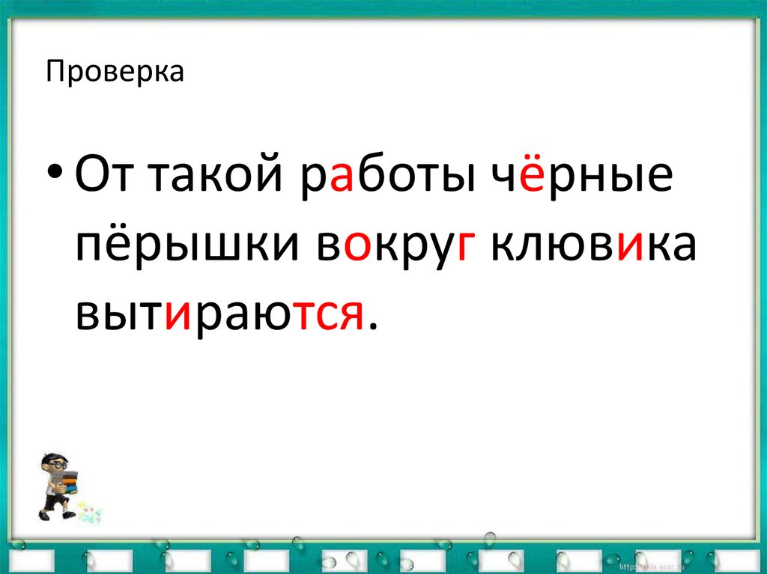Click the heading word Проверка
pyautogui.click(x=115, y=73)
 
